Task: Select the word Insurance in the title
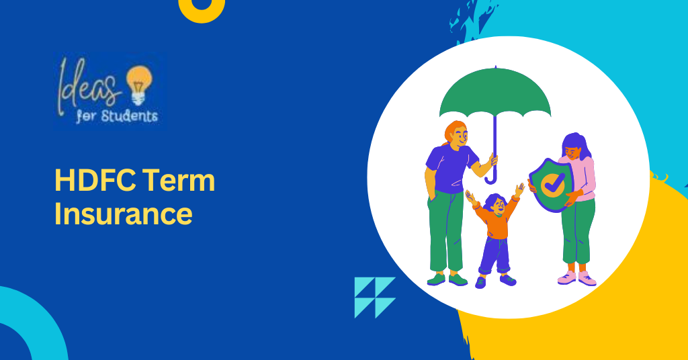tap(123, 214)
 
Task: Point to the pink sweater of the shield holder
tap(583, 178)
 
